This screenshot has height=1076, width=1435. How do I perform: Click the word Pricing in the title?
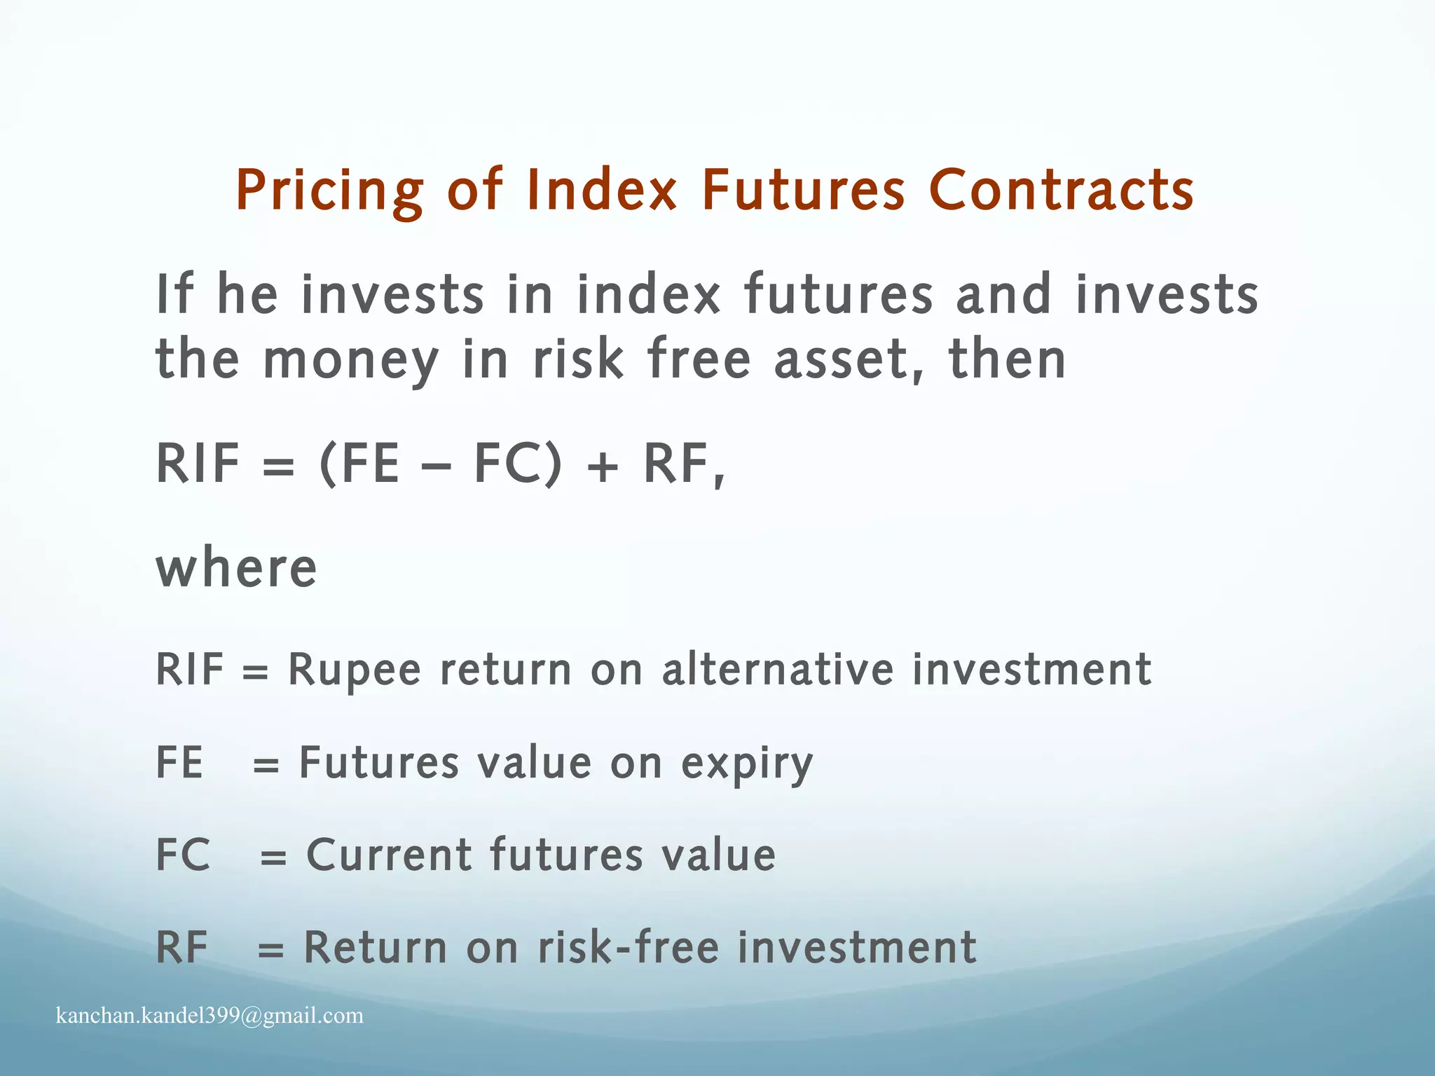pos(329,191)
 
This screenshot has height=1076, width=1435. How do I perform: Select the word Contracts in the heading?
pos(1061,191)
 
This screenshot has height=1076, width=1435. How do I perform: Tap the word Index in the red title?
pos(602,191)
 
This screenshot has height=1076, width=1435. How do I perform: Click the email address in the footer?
pos(210,1015)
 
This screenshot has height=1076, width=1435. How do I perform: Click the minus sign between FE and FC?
pos(437,466)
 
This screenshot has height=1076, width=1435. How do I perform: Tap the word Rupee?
pos(355,670)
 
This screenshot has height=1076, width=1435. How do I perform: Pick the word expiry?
pos(747,764)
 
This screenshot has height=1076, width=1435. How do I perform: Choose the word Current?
pos(390,855)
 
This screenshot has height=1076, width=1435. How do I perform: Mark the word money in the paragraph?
pos(350,361)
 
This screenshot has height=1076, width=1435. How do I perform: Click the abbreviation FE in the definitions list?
pos(179,763)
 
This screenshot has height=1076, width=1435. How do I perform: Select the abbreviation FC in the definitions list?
pos(183,855)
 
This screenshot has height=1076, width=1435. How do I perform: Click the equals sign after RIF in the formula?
pos(278,466)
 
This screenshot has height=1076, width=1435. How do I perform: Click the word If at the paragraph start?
pos(173,294)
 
